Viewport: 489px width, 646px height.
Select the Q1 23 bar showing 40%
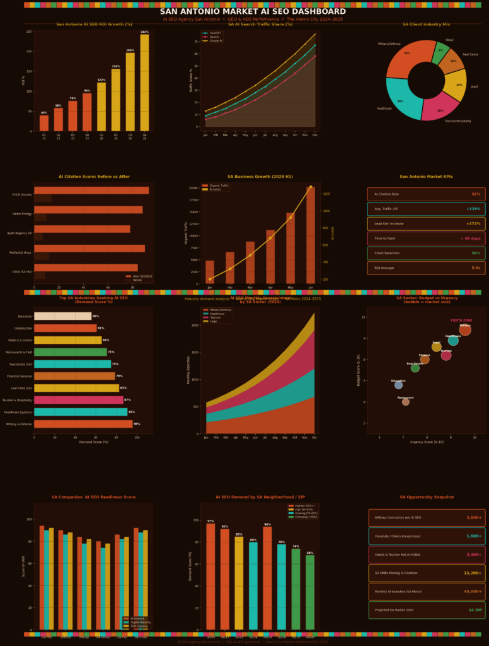pos(44,123)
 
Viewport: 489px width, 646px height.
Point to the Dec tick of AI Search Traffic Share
pos(315,134)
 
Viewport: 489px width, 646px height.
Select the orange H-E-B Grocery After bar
pos(91,191)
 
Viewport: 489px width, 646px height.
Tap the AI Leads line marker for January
pos(210,279)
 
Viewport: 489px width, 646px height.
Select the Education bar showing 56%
pos(62,316)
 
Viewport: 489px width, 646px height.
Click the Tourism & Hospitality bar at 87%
pos(79,400)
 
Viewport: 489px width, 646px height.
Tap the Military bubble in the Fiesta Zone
pos(465,330)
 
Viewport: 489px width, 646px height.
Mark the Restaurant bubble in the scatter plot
pos(405,401)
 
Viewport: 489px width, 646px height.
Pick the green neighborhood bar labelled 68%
pos(310,592)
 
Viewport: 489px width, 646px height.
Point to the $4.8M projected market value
pos(474,610)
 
